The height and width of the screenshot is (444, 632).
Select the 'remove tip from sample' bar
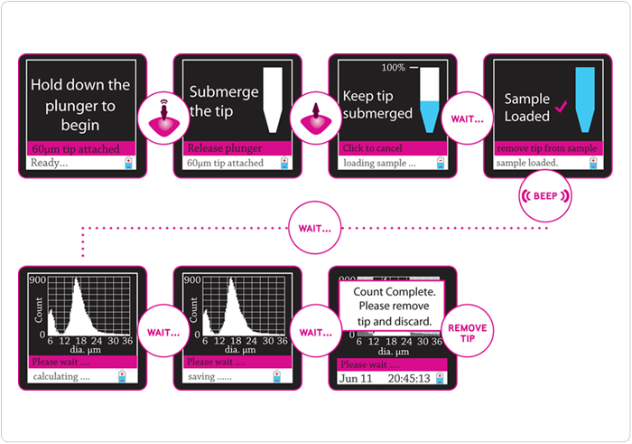click(547, 147)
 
